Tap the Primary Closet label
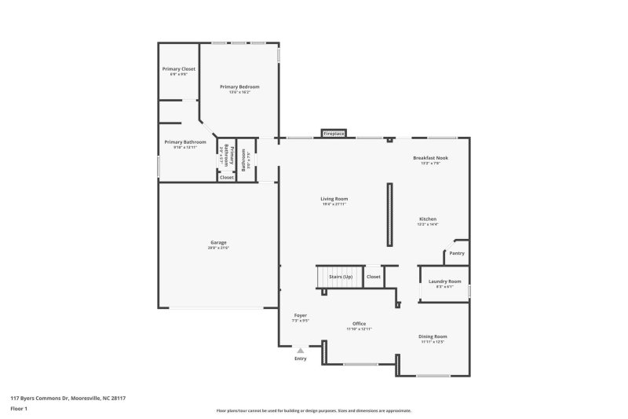pyautogui.click(x=179, y=69)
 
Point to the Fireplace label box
pyautogui.click(x=334, y=134)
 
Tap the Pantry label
pyautogui.click(x=457, y=253)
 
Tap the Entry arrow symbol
pyautogui.click(x=300, y=351)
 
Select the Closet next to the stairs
pyautogui.click(x=374, y=277)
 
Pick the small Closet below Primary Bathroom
pyautogui.click(x=226, y=178)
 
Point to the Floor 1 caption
pyautogui.click(x=19, y=409)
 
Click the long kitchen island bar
pyautogui.click(x=389, y=215)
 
